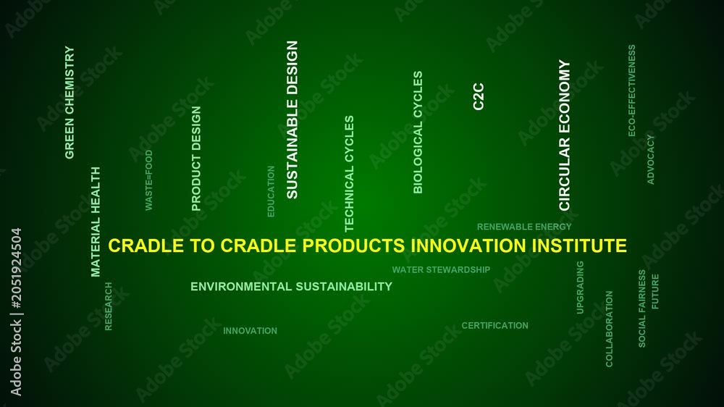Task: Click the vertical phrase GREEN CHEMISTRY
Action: [70, 102]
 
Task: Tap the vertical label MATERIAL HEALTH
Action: [96, 222]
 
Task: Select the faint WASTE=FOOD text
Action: [148, 180]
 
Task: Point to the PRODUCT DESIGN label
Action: [196, 159]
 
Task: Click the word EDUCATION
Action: [271, 191]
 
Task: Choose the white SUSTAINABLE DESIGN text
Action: [292, 119]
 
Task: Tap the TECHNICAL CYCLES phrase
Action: [349, 173]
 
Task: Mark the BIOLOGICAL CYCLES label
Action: [418, 132]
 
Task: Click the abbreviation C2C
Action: [479, 96]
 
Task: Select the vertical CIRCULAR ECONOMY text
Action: [565, 135]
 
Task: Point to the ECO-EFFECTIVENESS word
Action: [631, 91]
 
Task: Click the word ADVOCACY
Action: [651, 159]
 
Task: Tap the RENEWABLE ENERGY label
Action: [524, 227]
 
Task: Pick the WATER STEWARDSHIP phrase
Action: [441, 270]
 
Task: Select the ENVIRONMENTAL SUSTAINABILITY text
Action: [291, 287]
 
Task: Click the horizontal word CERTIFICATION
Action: [495, 326]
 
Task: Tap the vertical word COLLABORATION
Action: [609, 329]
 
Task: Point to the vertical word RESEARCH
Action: [109, 306]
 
